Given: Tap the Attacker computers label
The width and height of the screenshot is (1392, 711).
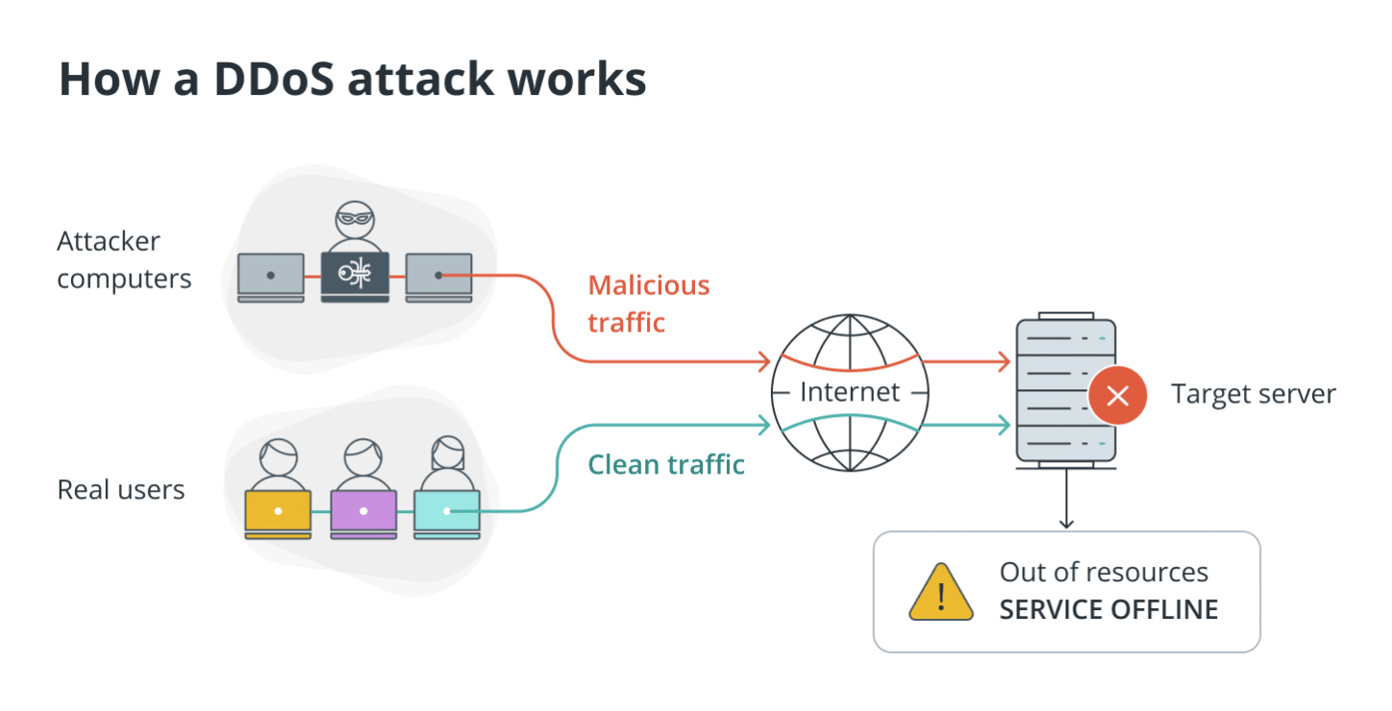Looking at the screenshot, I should [x=124, y=259].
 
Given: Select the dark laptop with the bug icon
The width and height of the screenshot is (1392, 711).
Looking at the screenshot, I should [x=355, y=277].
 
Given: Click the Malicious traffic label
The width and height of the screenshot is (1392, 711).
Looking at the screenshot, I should [x=648, y=304].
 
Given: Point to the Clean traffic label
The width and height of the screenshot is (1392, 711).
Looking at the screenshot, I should [x=666, y=465].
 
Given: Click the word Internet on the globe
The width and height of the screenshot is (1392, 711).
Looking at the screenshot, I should [x=850, y=392].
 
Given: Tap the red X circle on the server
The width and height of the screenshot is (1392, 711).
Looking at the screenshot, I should [x=1117, y=395].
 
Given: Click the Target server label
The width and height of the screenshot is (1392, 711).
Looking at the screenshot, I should [x=1253, y=394].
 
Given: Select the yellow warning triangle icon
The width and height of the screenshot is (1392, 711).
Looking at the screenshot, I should [x=941, y=593].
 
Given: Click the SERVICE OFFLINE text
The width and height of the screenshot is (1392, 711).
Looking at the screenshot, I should [x=1108, y=609].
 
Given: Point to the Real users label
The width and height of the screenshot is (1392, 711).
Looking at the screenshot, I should [x=121, y=490].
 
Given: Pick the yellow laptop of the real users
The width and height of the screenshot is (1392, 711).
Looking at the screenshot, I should [x=278, y=511].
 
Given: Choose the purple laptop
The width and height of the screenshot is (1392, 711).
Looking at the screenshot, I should [x=362, y=511].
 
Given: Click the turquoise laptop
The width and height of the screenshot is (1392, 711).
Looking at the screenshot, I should [x=446, y=511].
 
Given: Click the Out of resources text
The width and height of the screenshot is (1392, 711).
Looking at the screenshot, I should [x=1104, y=573].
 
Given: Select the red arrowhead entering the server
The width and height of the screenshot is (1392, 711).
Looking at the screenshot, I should [x=1003, y=362].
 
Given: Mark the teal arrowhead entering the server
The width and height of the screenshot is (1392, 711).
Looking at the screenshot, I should [x=1003, y=424].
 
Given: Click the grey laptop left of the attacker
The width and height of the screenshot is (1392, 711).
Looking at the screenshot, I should [x=270, y=277].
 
